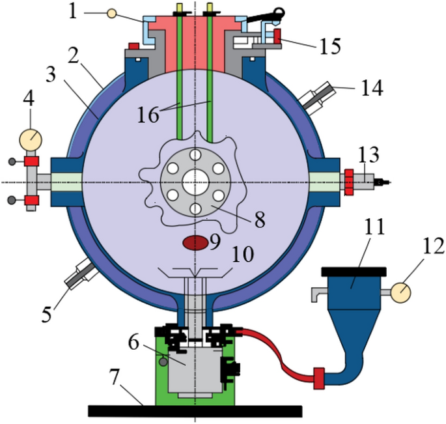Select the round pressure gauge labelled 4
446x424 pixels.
coord(30,139)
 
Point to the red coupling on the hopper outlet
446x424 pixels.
coord(319,378)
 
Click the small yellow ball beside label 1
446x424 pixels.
coord(112,13)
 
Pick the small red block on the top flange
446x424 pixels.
coord(134,47)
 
